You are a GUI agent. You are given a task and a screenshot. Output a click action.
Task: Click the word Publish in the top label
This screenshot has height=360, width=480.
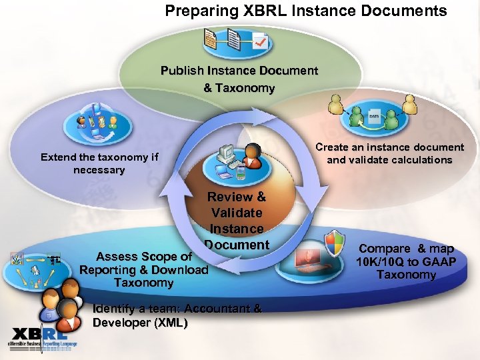tap(184, 71)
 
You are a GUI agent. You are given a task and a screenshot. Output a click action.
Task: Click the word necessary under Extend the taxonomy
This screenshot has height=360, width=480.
tap(99, 170)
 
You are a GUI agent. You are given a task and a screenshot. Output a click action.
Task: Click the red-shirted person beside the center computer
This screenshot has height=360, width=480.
tap(252, 157)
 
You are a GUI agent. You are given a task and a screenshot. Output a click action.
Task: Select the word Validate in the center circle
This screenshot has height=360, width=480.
tap(237, 213)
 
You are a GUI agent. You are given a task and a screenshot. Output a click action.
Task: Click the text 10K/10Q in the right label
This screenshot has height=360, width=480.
tap(387, 261)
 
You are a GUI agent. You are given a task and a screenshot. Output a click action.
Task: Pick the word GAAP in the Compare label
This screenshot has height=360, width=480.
tap(437, 261)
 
